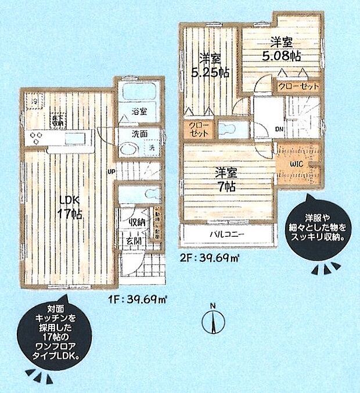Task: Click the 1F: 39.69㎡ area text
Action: (x=138, y=300)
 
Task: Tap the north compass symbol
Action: (x=213, y=320)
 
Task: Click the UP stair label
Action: (x=111, y=171)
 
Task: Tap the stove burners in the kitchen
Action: (x=36, y=138)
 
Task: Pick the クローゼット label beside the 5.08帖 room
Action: (x=298, y=86)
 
